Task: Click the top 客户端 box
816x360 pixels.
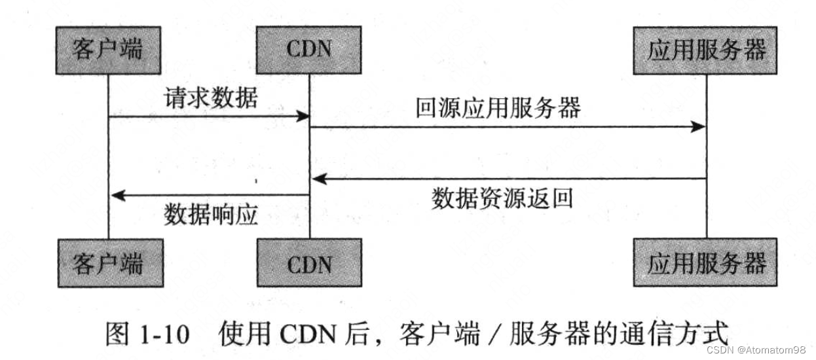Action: (107, 50)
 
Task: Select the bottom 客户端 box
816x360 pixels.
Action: (107, 264)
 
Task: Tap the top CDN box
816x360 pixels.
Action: (309, 50)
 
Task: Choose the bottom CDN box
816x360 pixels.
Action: (309, 264)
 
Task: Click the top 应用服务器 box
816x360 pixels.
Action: (706, 50)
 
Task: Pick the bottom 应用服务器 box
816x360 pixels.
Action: (706, 264)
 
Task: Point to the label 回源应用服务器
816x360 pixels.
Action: (498, 107)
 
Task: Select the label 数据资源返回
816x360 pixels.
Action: (502, 198)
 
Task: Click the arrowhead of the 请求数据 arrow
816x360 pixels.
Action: (303, 117)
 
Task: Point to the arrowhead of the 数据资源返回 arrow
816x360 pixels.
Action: (317, 178)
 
